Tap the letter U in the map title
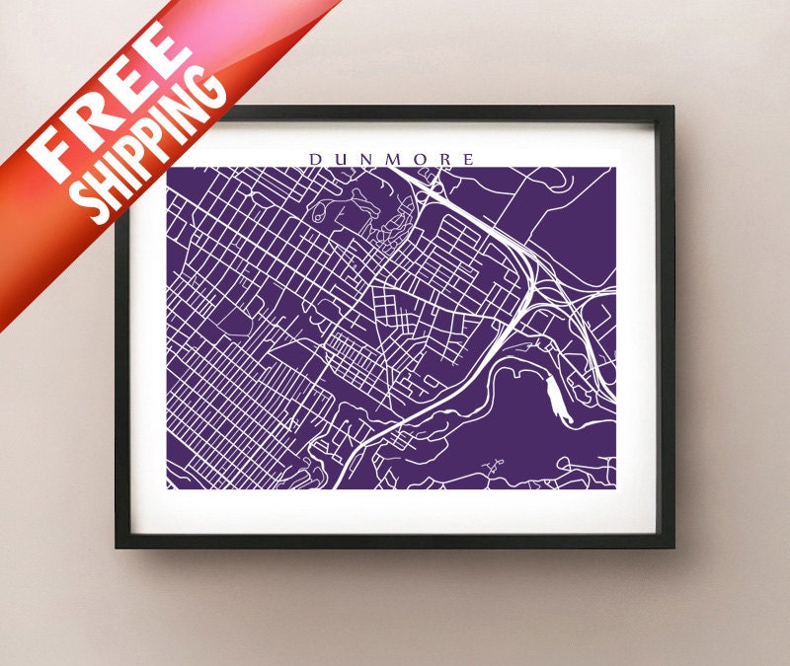[340, 159]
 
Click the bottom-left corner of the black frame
[117, 546]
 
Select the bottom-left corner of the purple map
[168, 488]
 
